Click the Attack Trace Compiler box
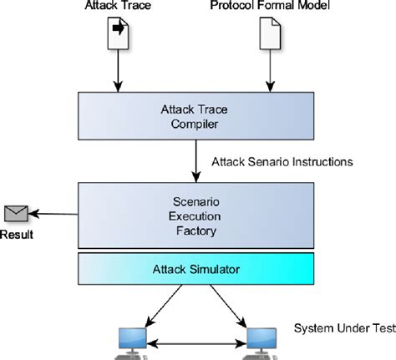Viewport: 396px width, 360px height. pyautogui.click(x=194, y=115)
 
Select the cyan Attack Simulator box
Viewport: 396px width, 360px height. pyautogui.click(x=194, y=270)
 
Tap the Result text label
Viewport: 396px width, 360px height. pyautogui.click(x=17, y=235)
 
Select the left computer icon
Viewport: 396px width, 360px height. pyautogui.click(x=134, y=341)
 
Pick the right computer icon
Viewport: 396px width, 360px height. pyautogui.click(x=261, y=341)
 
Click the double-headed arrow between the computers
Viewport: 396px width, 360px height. pyautogui.click(x=197, y=342)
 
